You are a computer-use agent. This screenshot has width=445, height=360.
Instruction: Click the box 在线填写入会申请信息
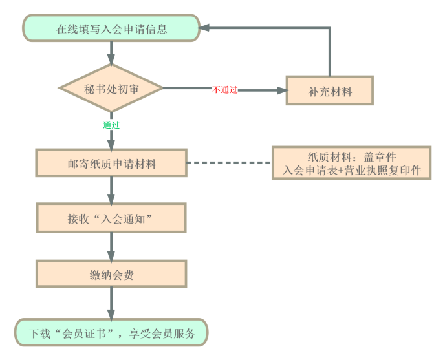pos(111,28)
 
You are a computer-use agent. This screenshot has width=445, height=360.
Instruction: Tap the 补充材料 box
pos(329,91)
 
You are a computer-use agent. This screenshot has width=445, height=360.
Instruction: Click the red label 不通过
pos(225,90)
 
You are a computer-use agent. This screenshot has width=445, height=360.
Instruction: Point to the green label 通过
pos(111,125)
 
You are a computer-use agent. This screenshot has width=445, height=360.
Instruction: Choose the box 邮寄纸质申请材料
pos(111,164)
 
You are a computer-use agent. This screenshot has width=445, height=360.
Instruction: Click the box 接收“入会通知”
pos(111,218)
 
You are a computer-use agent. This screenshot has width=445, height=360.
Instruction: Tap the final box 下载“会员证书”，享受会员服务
pos(111,334)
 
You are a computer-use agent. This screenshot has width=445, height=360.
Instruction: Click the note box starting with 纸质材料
pos(351,164)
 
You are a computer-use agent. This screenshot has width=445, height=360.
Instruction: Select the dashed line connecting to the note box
pos(229,164)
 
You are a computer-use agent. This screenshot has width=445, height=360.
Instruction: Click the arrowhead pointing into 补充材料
pos(281,90)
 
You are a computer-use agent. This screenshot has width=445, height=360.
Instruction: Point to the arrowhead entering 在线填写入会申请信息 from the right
pos(204,28)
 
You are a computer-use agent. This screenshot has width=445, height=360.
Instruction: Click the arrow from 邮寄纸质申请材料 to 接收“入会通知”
pos(111,191)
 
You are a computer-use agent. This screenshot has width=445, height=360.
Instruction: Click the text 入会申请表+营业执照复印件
pos(352,171)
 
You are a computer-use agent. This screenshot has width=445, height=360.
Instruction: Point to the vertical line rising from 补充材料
pos(330,52)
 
